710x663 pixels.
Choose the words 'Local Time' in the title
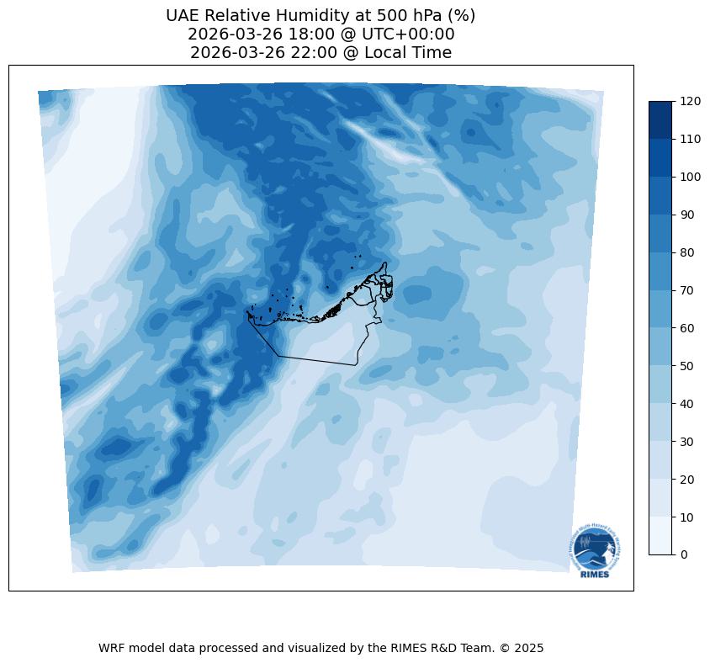[409, 53]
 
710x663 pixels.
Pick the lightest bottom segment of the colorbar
[660, 535]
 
